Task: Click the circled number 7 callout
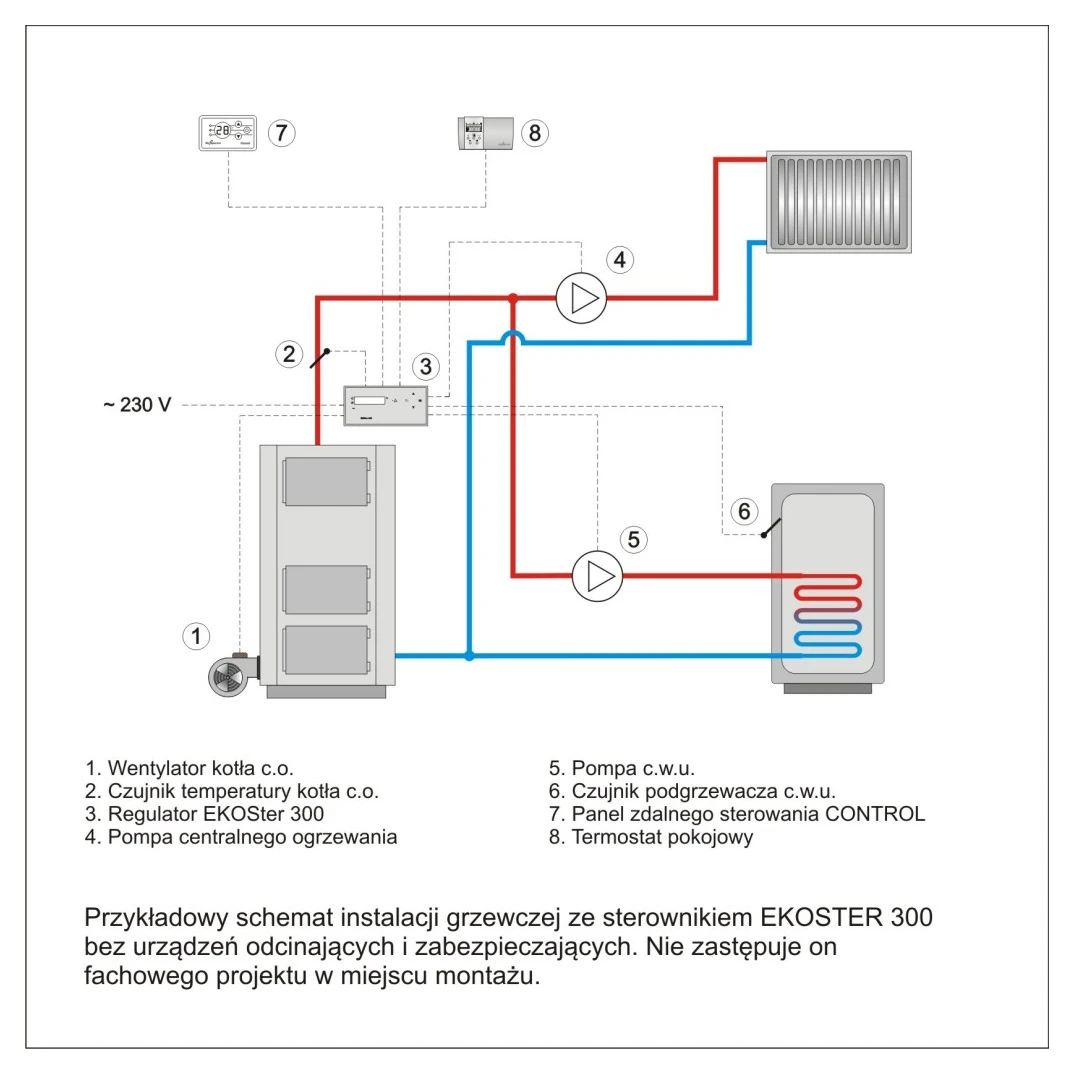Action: [281, 132]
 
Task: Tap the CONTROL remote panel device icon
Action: [227, 132]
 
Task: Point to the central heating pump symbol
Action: [581, 297]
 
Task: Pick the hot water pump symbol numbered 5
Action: [597, 576]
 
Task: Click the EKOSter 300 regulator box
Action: [387, 405]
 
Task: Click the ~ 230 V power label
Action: [137, 406]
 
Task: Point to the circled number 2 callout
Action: [289, 352]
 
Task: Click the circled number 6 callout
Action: [743, 511]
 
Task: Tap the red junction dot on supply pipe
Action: [512, 298]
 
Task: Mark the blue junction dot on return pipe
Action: [469, 656]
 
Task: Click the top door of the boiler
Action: [325, 481]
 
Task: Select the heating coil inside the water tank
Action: [828, 615]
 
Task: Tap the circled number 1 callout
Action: [197, 635]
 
